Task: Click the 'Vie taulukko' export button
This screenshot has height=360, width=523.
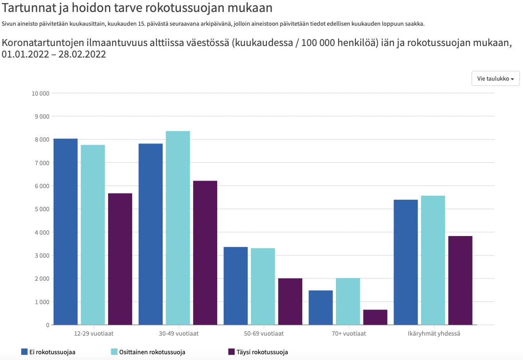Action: (495, 78)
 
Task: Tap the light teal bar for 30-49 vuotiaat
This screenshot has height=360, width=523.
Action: (178, 228)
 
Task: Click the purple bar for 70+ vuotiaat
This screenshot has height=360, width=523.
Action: (375, 317)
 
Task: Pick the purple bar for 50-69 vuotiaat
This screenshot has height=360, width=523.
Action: (290, 302)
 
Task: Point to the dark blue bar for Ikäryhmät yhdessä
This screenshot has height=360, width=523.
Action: (406, 262)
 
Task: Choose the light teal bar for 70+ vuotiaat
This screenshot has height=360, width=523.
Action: (348, 302)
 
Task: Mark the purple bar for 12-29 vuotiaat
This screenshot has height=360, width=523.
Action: (120, 259)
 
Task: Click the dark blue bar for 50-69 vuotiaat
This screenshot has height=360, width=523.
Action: (235, 286)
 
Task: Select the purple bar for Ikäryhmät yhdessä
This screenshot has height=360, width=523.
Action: (460, 280)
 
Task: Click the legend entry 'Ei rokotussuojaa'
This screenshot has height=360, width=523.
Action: (48, 352)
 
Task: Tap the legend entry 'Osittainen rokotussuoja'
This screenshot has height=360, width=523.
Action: (148, 352)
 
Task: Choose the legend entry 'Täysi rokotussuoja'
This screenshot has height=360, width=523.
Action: (258, 352)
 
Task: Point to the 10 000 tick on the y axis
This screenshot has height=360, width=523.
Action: (40, 93)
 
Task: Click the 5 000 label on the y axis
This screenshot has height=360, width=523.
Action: (42, 209)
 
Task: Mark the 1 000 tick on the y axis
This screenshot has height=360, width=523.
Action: (42, 302)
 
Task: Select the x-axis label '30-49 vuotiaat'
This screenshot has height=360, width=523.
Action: (178, 333)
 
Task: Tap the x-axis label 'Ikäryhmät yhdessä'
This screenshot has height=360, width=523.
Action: (433, 333)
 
